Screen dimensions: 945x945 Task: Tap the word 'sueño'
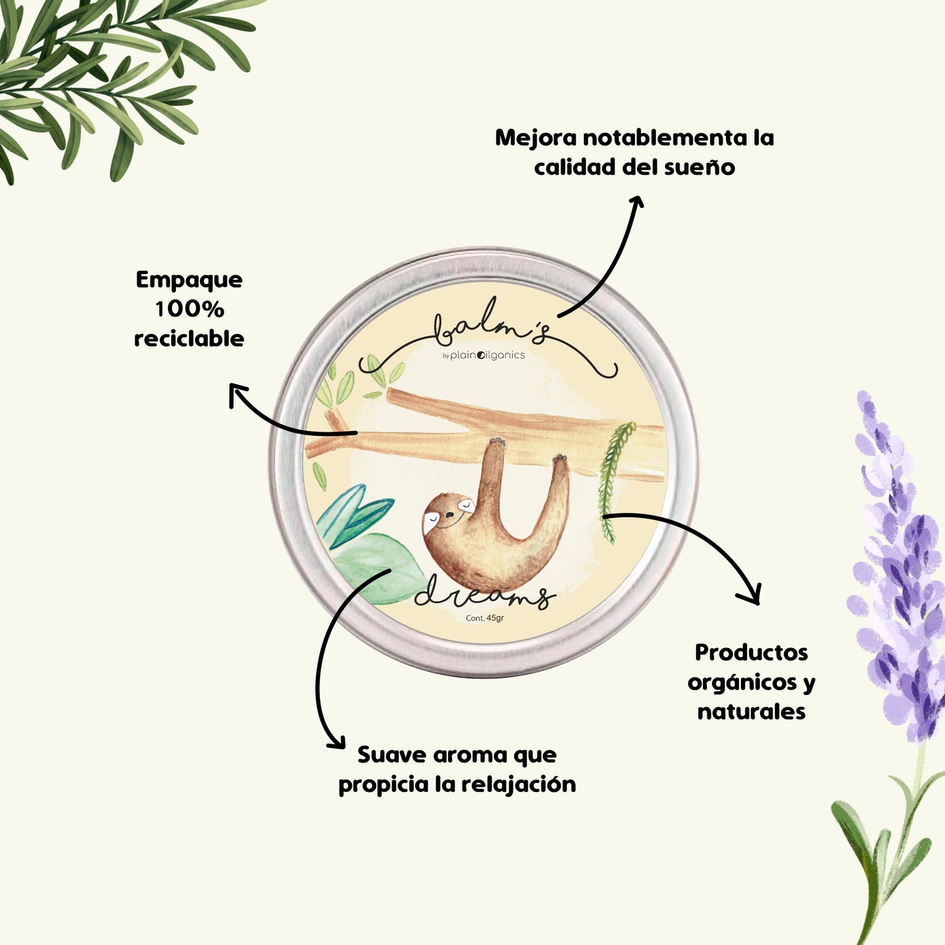[699, 167]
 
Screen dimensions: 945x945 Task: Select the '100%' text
[189, 309]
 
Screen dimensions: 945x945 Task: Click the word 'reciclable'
[189, 338]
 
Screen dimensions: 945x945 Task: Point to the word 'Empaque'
[189, 279]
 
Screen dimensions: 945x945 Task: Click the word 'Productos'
[751, 652]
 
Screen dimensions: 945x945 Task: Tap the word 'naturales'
[751, 711]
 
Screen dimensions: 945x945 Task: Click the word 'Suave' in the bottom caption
[390, 755]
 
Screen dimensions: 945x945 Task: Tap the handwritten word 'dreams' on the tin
[484, 595]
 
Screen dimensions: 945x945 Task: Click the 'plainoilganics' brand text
[487, 355]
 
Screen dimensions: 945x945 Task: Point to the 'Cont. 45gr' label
[485, 618]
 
